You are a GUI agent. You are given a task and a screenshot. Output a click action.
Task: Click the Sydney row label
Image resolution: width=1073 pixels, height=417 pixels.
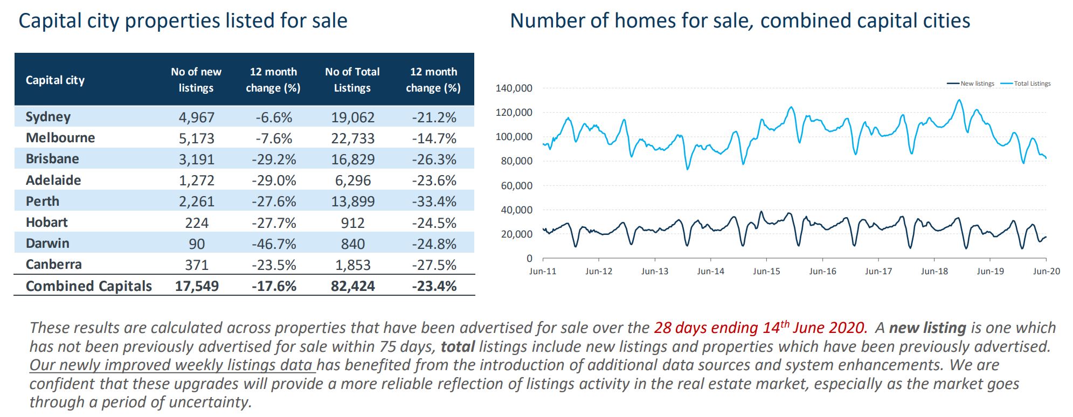48,117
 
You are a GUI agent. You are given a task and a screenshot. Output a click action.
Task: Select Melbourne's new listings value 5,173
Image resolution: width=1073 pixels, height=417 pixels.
196,138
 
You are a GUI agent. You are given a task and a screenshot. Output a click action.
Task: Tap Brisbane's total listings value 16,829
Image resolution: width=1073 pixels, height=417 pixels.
352,159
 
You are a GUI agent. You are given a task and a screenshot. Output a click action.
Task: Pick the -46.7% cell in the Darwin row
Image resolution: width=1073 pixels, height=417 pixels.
273,244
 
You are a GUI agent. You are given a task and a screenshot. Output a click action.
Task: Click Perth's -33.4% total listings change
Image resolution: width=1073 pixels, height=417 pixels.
434,201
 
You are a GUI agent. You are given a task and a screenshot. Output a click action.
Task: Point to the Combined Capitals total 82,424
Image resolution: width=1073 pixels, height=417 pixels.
352,286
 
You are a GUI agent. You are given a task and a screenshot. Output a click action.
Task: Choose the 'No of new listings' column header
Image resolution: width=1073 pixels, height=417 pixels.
196,80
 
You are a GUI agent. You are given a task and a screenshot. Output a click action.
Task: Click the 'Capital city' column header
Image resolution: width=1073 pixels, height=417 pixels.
55,80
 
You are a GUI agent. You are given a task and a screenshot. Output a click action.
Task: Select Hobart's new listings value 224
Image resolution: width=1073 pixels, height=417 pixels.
196,223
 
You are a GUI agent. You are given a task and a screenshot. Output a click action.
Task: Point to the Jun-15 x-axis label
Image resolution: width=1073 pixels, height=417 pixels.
766,272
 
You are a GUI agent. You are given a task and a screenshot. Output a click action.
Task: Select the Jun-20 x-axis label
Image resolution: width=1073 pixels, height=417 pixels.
1046,272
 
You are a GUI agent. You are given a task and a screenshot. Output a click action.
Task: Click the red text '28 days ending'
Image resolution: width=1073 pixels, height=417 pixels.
706,328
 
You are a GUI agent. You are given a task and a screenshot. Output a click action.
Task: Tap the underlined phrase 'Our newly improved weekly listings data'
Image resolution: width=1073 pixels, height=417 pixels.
172,365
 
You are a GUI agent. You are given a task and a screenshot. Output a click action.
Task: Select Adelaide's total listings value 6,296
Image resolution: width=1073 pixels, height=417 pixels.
352,180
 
